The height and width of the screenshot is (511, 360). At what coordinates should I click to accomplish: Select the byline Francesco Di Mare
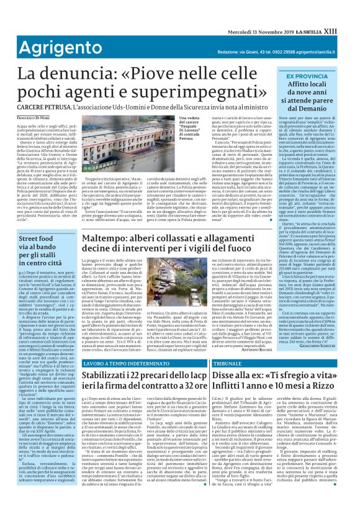(x=24, y=118)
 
